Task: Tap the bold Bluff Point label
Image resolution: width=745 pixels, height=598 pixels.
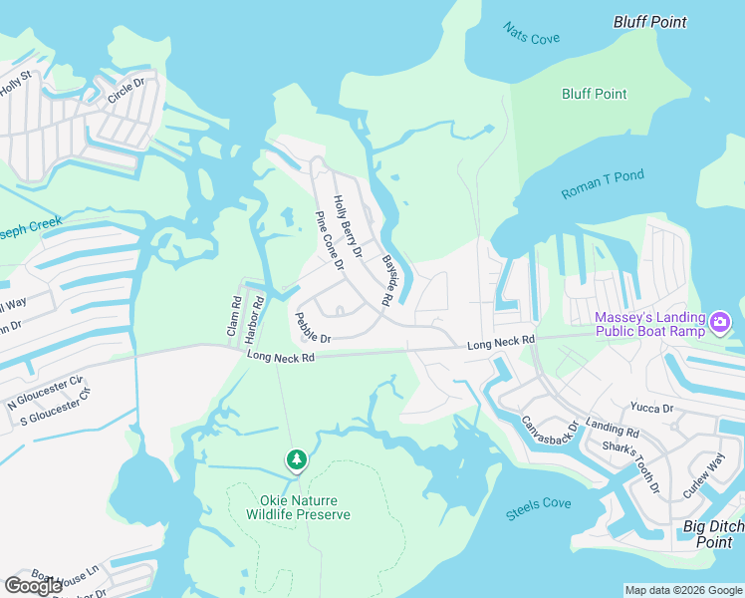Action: point(649,21)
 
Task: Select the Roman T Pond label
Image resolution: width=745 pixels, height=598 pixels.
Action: point(603,183)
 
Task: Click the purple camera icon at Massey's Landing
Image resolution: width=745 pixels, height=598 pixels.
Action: point(721,322)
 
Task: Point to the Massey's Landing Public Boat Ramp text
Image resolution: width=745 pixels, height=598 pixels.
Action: point(649,325)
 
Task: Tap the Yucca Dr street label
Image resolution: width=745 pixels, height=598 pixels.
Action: point(651,408)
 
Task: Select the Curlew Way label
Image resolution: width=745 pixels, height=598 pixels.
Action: point(703,476)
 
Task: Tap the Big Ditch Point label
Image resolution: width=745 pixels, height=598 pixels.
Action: point(713,533)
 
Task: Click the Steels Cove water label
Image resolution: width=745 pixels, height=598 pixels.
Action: point(539,503)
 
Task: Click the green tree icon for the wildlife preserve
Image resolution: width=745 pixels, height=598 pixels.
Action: point(296,459)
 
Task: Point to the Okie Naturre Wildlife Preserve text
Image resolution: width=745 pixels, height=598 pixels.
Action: point(298,507)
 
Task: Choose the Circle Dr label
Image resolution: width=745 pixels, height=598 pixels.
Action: point(126,92)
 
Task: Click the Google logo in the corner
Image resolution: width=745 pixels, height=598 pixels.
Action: point(33,586)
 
